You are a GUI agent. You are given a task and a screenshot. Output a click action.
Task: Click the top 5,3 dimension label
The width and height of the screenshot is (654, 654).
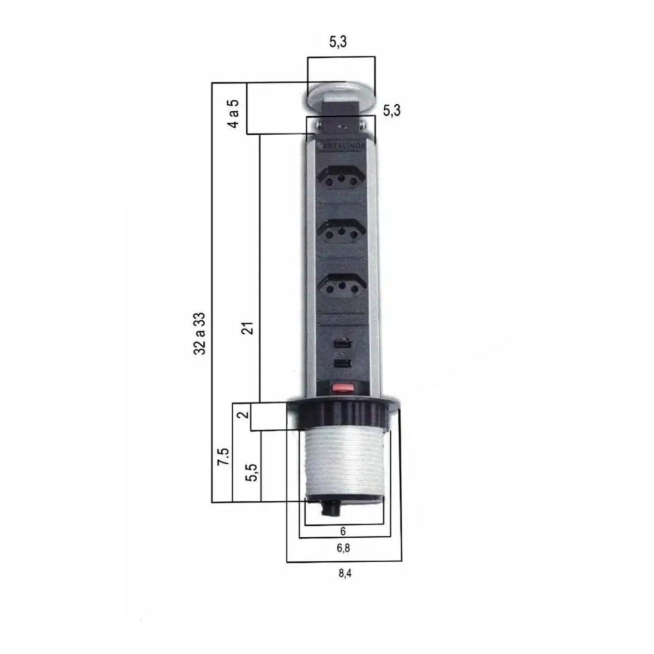[x=338, y=42]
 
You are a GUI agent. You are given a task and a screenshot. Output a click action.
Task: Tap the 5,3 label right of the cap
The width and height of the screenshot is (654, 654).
[x=392, y=111]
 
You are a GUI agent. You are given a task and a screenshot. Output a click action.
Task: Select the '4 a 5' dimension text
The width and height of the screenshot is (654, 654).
[x=233, y=113]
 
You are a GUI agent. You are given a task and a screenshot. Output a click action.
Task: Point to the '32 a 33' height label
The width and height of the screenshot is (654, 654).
[x=199, y=334]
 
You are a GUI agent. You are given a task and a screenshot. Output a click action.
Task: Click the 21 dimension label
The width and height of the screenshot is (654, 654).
[x=248, y=328]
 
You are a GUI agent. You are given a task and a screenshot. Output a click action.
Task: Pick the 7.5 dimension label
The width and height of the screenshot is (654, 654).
[x=223, y=457]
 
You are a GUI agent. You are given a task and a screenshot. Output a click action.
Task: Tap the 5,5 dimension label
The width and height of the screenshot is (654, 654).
[x=252, y=472]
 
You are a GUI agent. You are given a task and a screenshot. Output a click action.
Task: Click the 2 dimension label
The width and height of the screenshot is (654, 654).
[x=243, y=415]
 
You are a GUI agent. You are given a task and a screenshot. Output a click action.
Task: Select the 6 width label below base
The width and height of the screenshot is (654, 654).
[x=343, y=531]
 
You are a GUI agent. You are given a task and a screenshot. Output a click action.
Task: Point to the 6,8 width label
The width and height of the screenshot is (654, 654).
[x=343, y=548]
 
